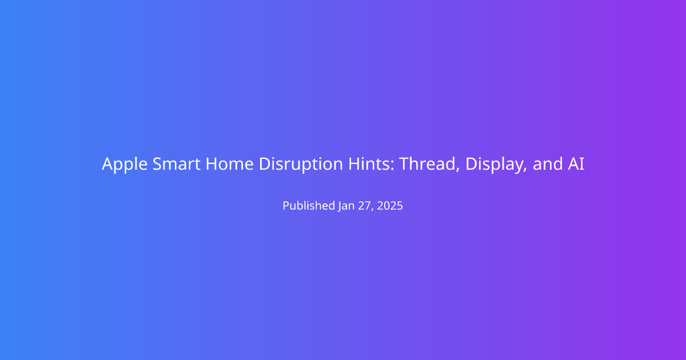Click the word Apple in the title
click(x=125, y=165)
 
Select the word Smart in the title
click(x=177, y=164)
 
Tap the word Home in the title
click(x=230, y=164)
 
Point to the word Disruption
click(x=301, y=165)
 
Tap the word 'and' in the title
click(x=548, y=164)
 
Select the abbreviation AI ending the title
click(x=576, y=164)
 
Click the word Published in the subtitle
click(x=309, y=205)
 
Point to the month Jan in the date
click(x=346, y=206)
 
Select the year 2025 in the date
click(x=390, y=206)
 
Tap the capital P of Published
click(x=286, y=206)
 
